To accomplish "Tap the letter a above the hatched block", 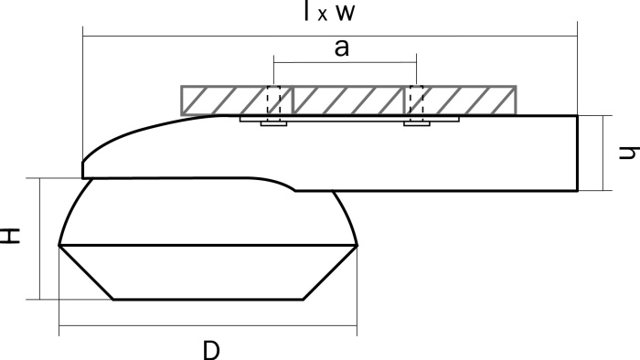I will pos(341,49).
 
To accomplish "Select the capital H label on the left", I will pos(10,237).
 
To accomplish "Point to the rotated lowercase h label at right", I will pos(626,152).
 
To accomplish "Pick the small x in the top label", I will pos(324,16).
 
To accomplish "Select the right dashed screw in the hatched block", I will pos(416,102).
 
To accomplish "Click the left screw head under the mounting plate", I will pos(273,122).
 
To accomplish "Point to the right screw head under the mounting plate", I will pos(417,122).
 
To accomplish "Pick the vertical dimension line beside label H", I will pos(40,238).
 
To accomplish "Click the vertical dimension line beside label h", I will pos(603,153).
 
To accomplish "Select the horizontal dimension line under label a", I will pos(345,63).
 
